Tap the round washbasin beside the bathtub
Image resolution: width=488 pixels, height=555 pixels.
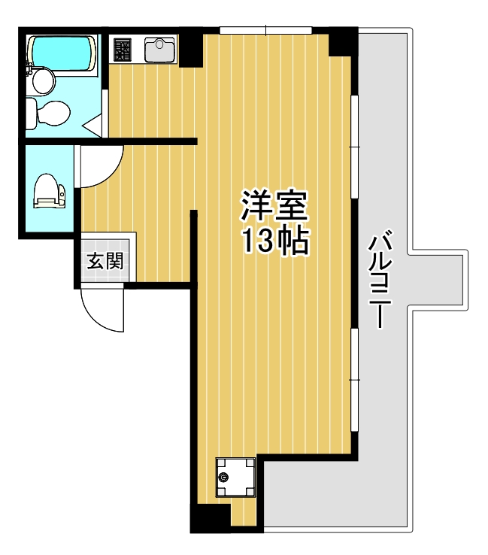42,80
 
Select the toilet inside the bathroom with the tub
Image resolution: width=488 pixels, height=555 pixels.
48,114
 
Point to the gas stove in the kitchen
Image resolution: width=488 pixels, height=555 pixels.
122,50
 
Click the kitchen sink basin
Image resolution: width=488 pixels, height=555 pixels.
159,50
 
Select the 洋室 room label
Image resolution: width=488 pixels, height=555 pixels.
274,205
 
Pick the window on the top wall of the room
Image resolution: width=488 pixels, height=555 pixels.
266,30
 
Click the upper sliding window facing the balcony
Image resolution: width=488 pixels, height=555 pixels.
355,147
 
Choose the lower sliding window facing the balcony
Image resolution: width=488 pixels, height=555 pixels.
355,380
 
